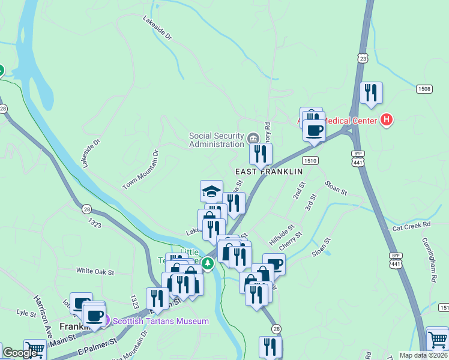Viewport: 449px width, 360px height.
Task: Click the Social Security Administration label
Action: point(216,140)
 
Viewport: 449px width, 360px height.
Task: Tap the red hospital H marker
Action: point(387,120)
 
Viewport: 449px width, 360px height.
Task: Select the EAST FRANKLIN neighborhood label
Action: point(268,172)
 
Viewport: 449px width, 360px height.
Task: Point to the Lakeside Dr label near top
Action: point(158,28)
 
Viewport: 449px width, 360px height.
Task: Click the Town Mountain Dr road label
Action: point(140,170)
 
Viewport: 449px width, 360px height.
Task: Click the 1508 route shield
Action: point(424,89)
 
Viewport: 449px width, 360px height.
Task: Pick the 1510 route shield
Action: point(310,161)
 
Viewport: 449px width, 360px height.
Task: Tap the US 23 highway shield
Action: point(361,58)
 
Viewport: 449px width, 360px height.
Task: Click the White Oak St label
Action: point(95,271)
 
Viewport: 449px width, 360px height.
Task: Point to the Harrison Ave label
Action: point(43,309)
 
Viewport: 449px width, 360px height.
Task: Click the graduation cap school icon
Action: point(211,191)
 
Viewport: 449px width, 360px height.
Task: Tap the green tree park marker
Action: point(208,263)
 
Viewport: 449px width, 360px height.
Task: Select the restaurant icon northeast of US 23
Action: point(371,92)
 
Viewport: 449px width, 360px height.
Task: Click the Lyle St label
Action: point(26,313)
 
